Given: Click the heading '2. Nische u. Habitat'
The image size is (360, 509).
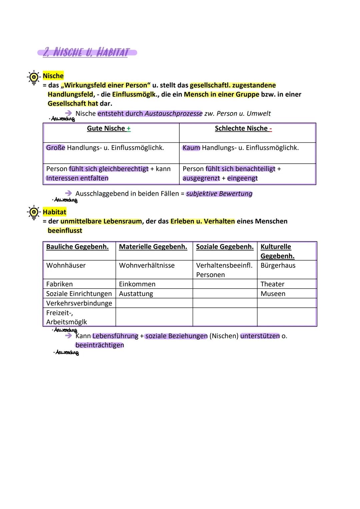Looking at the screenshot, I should coord(87,53).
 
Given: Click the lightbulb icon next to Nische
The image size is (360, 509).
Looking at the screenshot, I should coord(33,78).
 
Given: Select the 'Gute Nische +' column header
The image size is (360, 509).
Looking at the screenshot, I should coord(109,129).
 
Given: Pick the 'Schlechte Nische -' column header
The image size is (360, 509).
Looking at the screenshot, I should coord(243,129).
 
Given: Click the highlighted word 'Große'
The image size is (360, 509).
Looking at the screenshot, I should coord(55,148).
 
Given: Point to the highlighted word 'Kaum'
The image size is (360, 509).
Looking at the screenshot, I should coord(191,148).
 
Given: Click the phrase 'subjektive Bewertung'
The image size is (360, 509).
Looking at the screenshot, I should coord(219,194).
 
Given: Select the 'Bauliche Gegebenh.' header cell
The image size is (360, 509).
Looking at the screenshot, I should coord(77,247).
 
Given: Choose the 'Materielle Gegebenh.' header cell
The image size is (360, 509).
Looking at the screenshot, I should coord(153,247).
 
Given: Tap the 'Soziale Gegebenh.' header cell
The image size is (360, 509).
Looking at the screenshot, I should coord(225,247).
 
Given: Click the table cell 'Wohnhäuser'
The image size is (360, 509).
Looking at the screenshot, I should coord(66,266).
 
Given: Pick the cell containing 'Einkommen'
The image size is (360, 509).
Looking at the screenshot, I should coord(137,284).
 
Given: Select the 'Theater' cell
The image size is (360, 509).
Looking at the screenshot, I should coord(272,284).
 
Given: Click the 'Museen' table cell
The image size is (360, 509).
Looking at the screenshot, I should coord(273,294).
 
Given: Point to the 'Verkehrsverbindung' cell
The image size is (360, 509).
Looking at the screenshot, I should coord(79,303).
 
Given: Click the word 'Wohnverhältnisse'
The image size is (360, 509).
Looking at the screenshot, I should coord(147,266).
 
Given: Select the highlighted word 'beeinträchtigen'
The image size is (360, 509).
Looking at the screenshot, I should coord(100,345).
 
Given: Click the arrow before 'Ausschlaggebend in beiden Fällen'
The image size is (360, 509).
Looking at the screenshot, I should coord(69,193).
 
